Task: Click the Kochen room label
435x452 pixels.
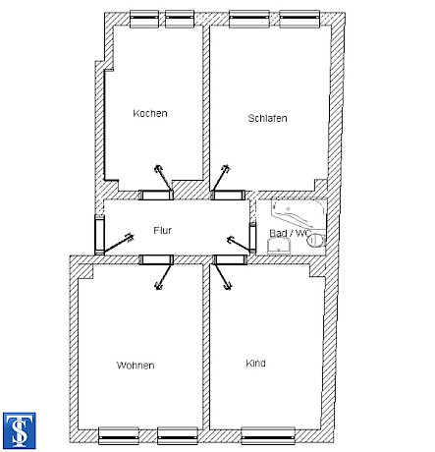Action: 150,113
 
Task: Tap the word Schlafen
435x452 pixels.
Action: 267,118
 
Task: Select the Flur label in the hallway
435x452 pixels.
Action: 163,230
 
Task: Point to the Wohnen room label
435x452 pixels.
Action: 136,366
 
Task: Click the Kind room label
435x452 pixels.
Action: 255,364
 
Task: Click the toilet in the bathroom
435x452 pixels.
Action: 316,240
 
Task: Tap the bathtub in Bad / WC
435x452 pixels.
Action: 299,214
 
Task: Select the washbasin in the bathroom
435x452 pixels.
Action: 279,246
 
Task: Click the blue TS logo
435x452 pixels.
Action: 20,430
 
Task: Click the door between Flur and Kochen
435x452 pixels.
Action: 156,195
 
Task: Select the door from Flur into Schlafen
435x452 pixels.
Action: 228,195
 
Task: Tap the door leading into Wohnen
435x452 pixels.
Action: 156,259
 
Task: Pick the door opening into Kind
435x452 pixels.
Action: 230,259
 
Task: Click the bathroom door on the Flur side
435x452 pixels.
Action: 252,238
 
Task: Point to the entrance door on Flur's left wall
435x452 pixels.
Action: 99,235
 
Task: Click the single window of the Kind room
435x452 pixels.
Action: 268,435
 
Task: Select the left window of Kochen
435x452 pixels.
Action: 144,19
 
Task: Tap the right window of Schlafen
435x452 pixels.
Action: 299,19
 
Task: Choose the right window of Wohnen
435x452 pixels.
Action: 178,435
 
